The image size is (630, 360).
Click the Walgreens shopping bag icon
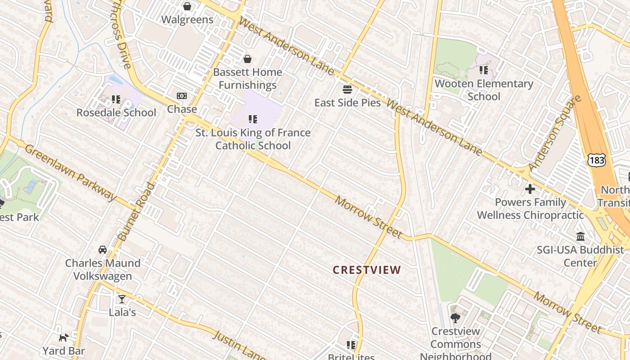click(x=187, y=6)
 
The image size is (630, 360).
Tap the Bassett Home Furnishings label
click(x=247, y=79)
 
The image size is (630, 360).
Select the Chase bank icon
click(x=182, y=96)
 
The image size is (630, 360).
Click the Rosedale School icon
click(x=116, y=99)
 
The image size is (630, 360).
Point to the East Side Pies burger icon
click(x=347, y=90)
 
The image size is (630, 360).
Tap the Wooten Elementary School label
click(x=484, y=90)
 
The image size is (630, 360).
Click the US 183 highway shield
click(x=596, y=160)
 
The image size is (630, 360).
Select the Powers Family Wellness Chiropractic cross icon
click(x=530, y=189)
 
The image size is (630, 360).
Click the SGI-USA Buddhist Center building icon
click(x=580, y=237)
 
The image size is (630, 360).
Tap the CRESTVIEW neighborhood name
click(x=367, y=270)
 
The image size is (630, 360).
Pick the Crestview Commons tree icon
click(x=455, y=318)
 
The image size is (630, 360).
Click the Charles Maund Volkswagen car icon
click(x=103, y=250)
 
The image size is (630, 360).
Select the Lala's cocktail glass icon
click(x=122, y=299)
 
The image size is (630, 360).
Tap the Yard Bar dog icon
click(x=63, y=337)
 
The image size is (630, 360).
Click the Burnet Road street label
click(x=135, y=211)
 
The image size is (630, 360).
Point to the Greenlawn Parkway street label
click(x=70, y=172)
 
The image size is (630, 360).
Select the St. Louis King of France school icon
click(x=253, y=119)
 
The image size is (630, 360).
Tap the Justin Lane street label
click(x=238, y=346)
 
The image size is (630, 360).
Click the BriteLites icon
click(x=351, y=345)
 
